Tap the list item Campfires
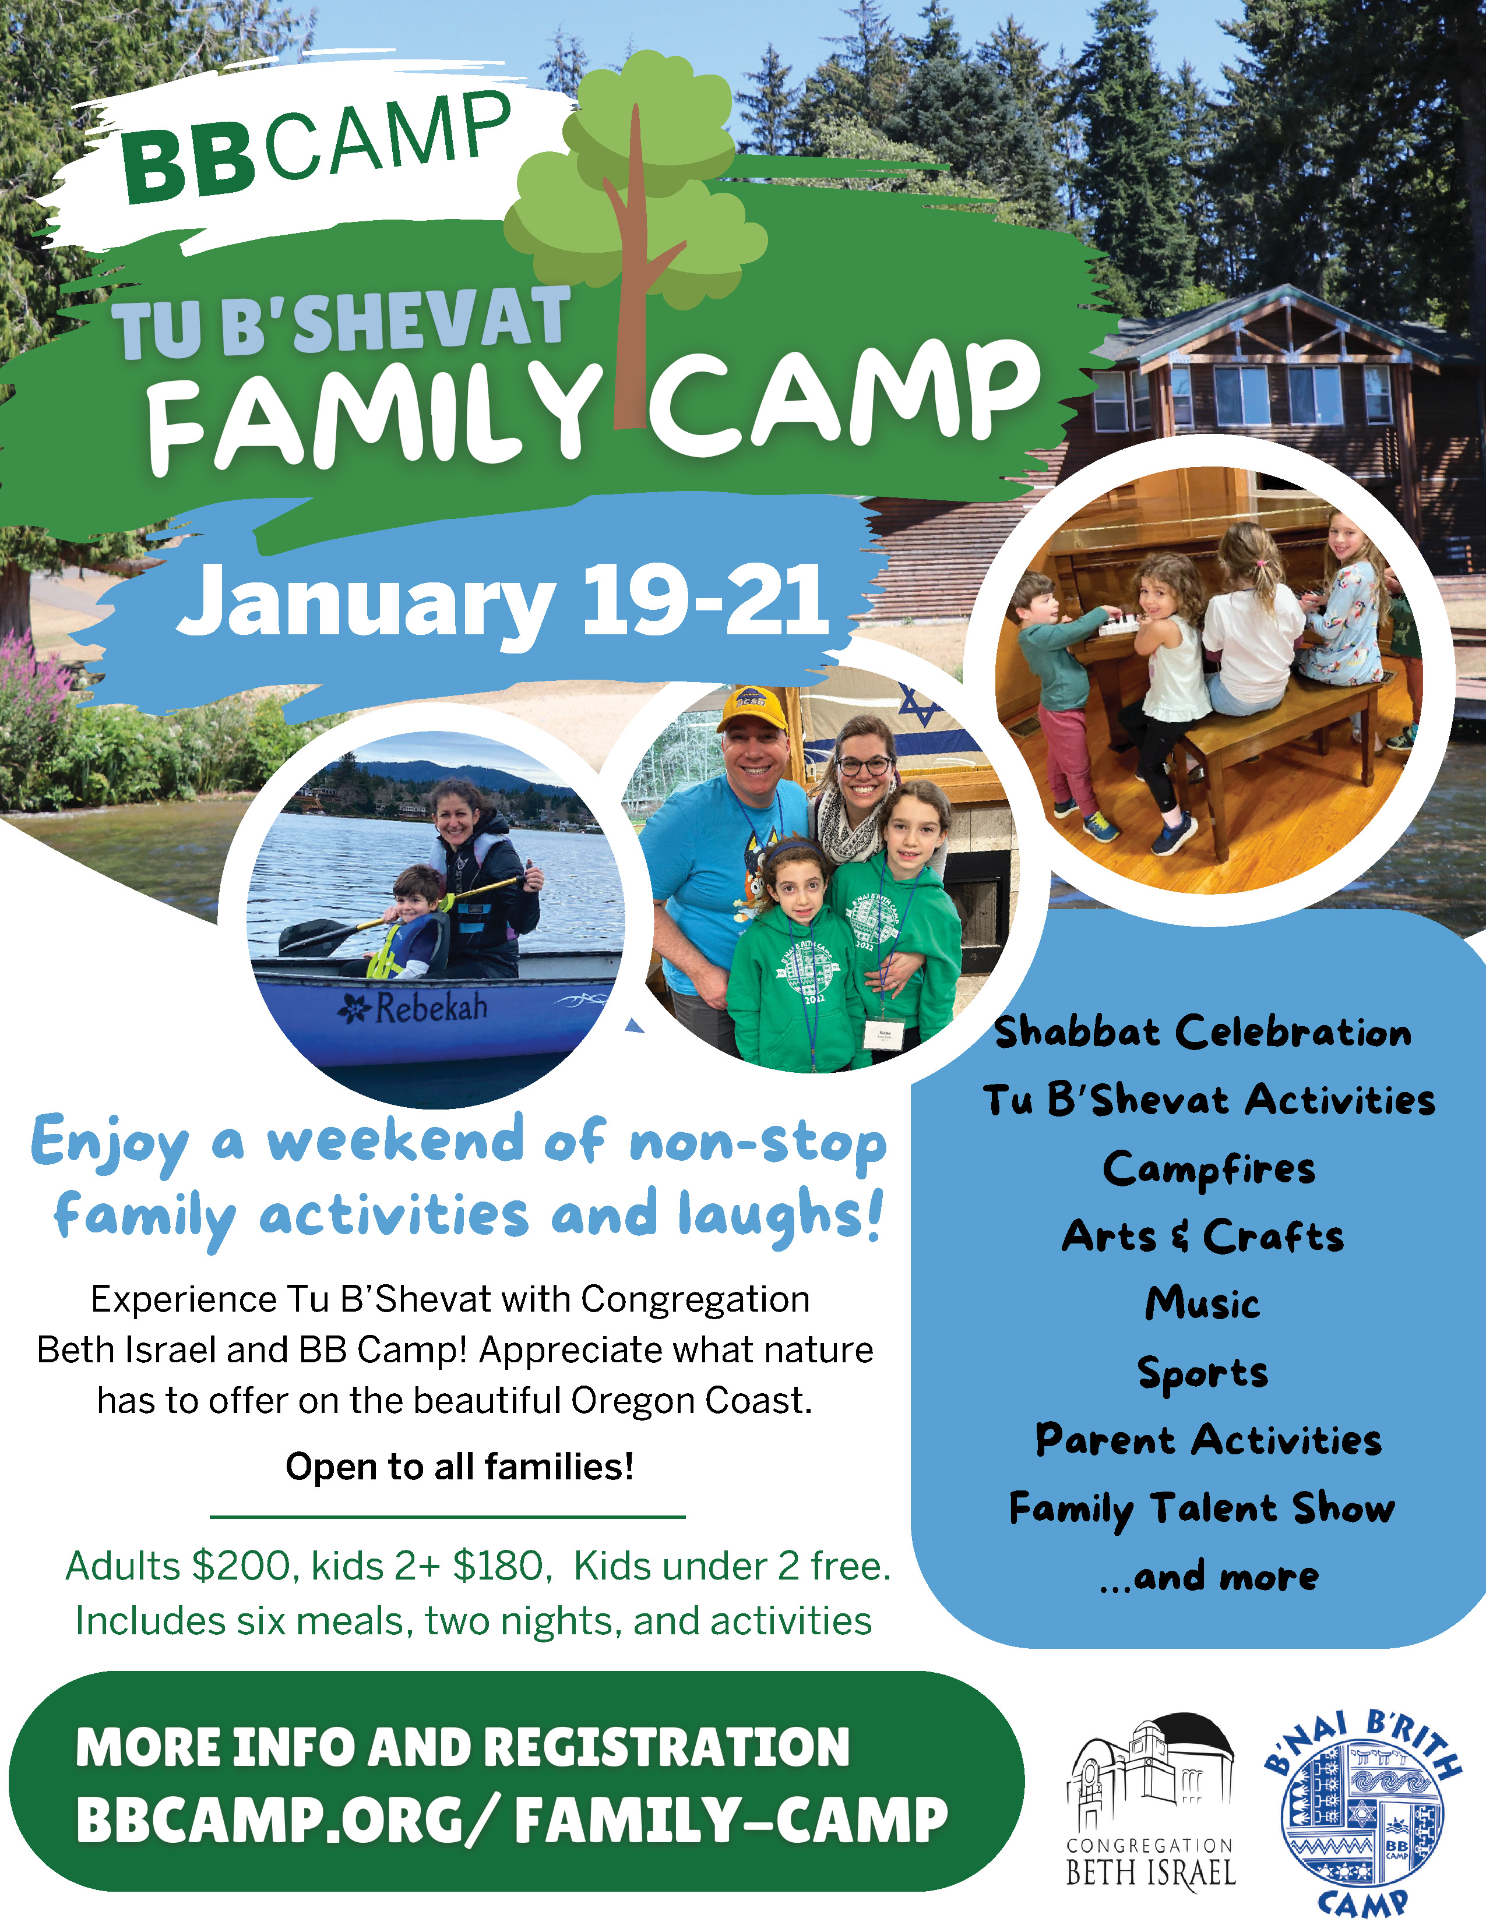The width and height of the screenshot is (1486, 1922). (1209, 1170)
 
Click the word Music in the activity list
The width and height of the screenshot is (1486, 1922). (1203, 1303)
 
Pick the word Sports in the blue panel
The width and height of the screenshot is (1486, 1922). (1203, 1373)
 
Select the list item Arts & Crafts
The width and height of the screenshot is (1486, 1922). (1203, 1236)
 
